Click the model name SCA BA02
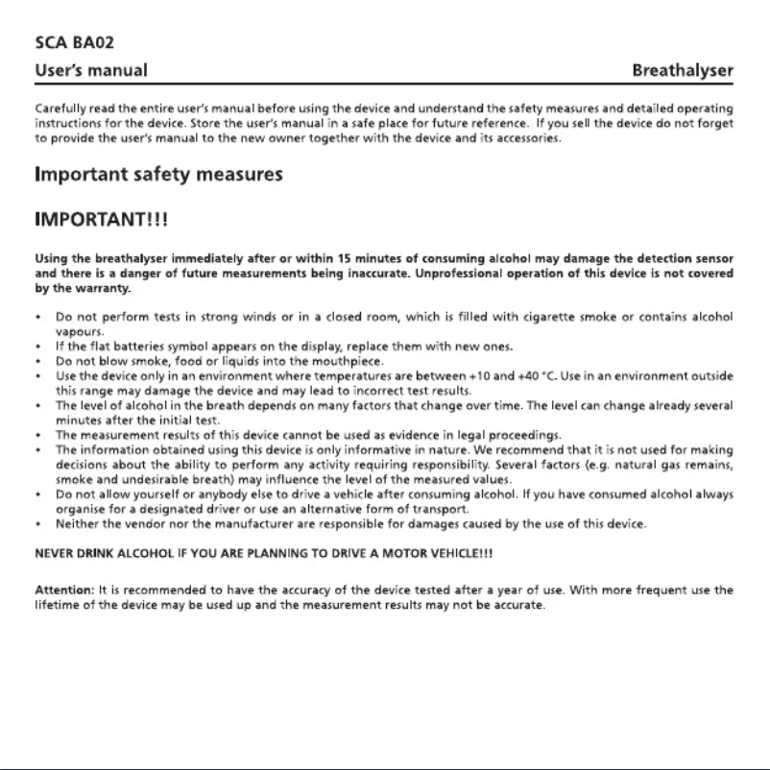pos(69,42)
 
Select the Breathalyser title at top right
pos(683,70)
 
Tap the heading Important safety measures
pos(158,175)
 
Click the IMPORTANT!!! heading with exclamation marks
pos(102,220)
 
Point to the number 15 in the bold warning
pos(332,258)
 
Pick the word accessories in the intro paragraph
pos(527,138)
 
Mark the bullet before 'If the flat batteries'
pos(36,346)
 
